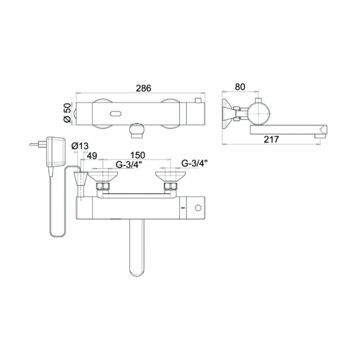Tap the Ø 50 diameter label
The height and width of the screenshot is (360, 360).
67,113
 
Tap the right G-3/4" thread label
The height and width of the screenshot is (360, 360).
194,163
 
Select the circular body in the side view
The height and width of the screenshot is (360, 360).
259,112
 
